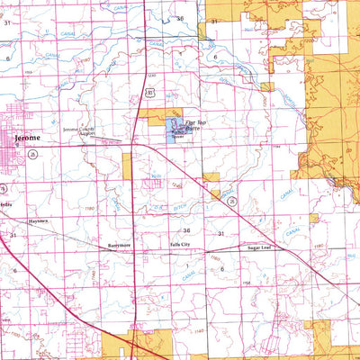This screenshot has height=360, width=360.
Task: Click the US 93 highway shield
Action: (154, 92)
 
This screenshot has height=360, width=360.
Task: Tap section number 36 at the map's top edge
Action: (180, 18)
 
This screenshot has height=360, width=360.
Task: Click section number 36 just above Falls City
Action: (185, 231)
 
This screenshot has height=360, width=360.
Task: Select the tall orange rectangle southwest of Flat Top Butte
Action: (127, 163)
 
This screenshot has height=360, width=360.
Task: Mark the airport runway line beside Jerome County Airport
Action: (94, 139)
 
